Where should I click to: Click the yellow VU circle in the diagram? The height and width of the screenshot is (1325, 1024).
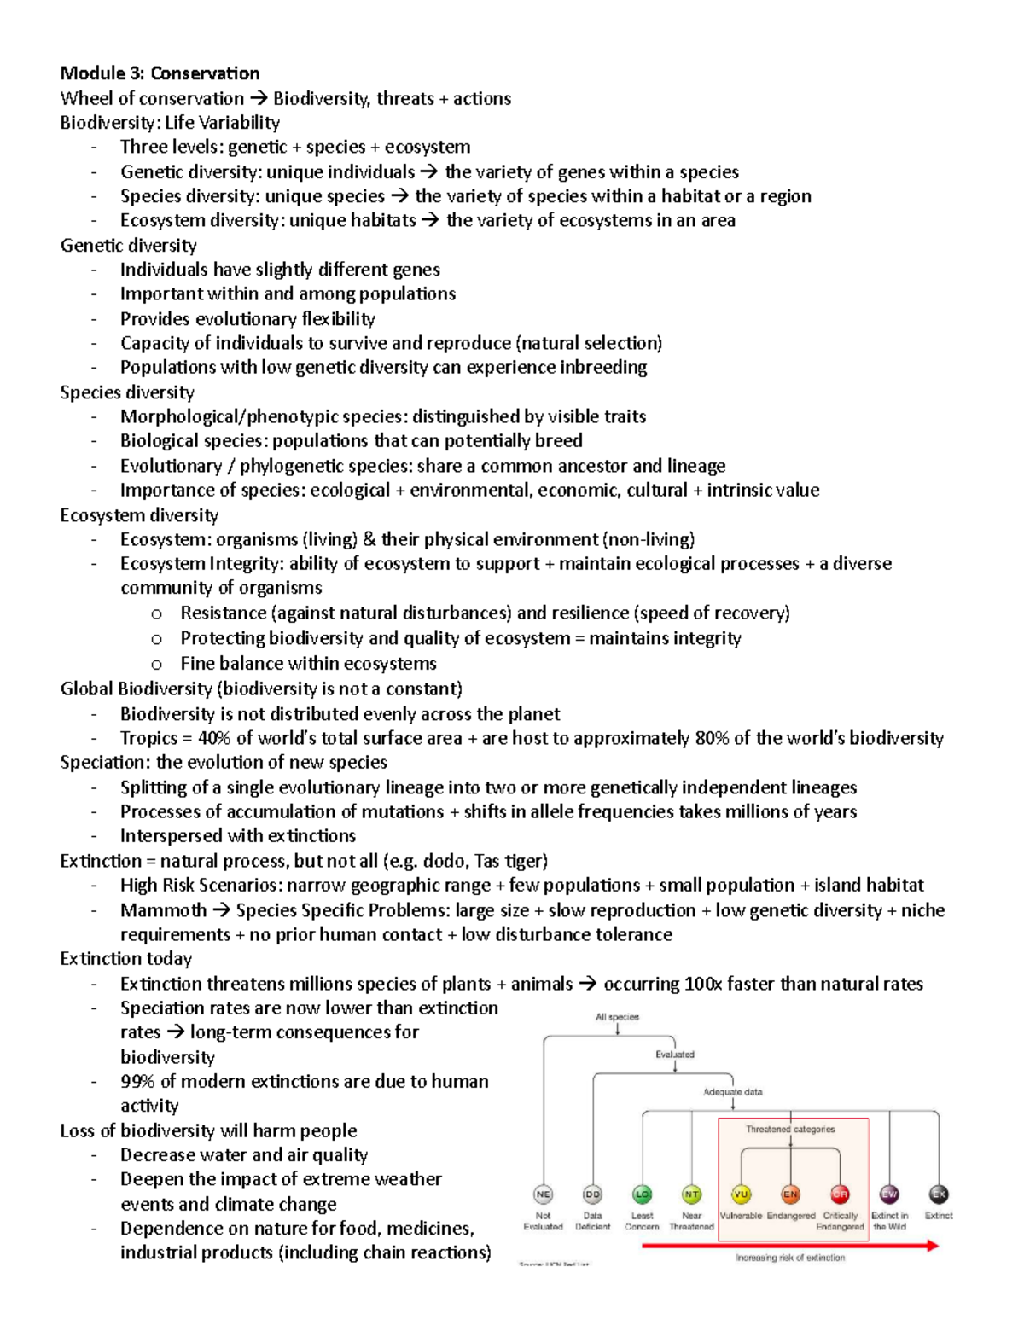pos(741,1194)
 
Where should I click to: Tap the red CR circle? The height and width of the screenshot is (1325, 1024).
pos(840,1194)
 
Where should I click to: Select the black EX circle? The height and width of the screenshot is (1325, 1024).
pos(939,1194)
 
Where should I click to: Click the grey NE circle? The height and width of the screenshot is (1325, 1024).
pos(543,1194)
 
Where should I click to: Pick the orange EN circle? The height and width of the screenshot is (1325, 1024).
pos(790,1194)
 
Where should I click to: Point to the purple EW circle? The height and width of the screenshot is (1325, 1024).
pos(889,1194)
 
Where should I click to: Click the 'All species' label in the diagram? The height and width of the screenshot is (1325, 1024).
pos(617,1017)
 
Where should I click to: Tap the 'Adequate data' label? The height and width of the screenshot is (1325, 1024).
pos(732,1092)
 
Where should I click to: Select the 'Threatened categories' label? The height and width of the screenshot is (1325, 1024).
pos(790,1129)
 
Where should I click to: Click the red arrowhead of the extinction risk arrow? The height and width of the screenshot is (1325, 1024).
pos(932,1246)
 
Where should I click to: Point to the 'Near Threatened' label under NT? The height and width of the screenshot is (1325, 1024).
pos(691,1221)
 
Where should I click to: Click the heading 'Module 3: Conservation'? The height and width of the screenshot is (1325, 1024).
pos(160,73)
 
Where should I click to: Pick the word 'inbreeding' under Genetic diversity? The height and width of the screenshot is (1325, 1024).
pos(602,368)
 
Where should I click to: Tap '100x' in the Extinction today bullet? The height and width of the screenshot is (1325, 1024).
pos(703,984)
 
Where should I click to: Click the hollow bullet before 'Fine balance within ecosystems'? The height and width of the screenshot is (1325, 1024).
pos(156,664)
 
